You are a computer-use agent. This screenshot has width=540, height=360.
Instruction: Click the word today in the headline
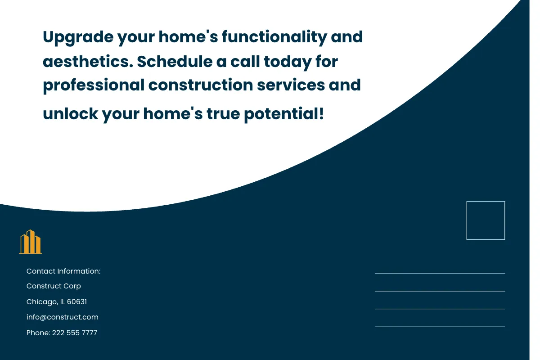288,61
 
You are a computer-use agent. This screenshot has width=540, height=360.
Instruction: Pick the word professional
94,85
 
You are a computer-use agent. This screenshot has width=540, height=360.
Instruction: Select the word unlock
70,113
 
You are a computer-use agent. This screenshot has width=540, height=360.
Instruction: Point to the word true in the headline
223,113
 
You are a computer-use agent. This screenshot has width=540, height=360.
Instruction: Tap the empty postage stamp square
486,220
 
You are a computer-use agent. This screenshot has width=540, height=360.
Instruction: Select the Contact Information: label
63,271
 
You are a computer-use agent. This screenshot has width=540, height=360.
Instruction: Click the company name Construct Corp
54,286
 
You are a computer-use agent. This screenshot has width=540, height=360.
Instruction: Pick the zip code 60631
77,301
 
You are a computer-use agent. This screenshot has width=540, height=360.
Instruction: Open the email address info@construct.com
63,317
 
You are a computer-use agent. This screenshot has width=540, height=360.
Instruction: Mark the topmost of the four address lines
440,273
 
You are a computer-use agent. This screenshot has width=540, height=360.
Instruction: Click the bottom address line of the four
440,327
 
